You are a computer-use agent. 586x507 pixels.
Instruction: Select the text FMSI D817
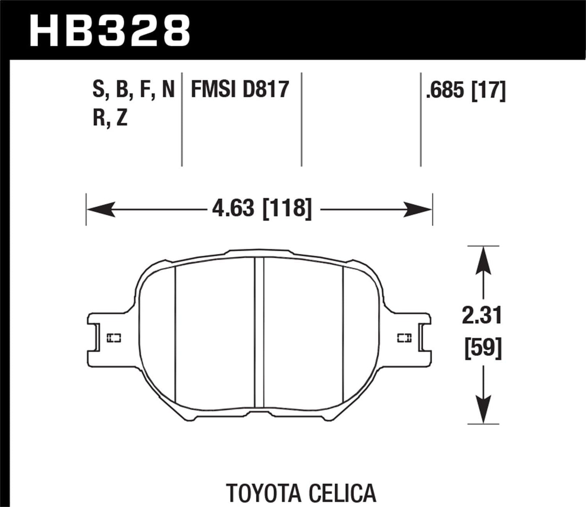[x=240, y=90]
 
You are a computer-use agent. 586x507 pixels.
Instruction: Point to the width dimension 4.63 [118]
[x=262, y=209]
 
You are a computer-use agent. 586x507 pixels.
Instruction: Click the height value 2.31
[x=482, y=316]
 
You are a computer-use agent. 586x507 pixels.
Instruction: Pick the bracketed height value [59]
[x=483, y=349]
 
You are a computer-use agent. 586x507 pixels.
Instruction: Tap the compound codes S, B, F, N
[x=133, y=90]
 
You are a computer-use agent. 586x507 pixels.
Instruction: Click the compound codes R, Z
[x=110, y=118]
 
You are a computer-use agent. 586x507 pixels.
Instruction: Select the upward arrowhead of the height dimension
[x=483, y=260]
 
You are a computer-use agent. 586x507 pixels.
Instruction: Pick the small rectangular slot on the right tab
[x=404, y=338]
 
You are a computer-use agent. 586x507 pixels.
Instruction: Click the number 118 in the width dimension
[x=289, y=209]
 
